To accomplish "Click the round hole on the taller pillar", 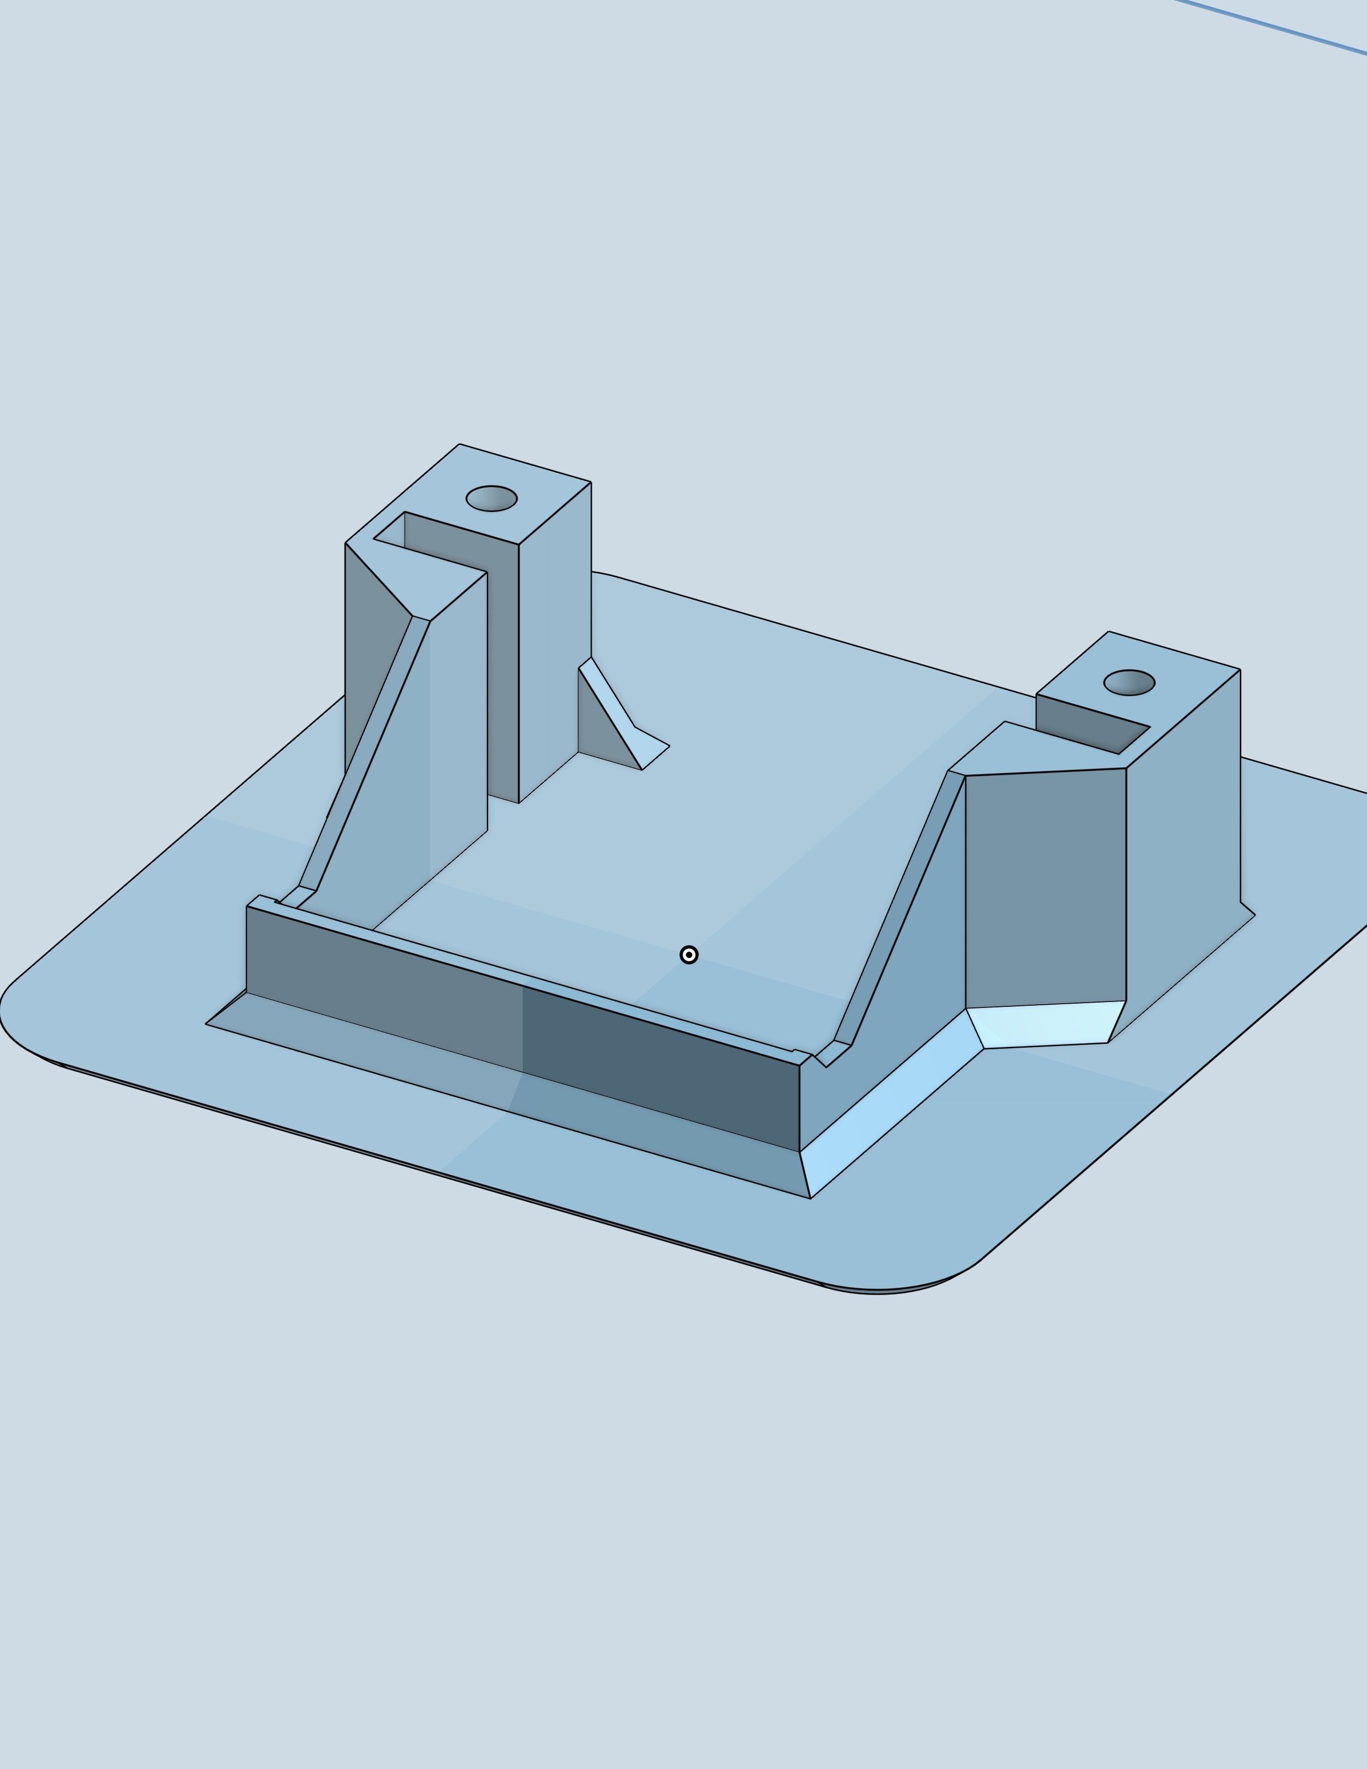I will [492, 498].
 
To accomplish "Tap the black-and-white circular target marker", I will [689, 955].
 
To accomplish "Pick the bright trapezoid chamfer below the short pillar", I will [1044, 1025].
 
